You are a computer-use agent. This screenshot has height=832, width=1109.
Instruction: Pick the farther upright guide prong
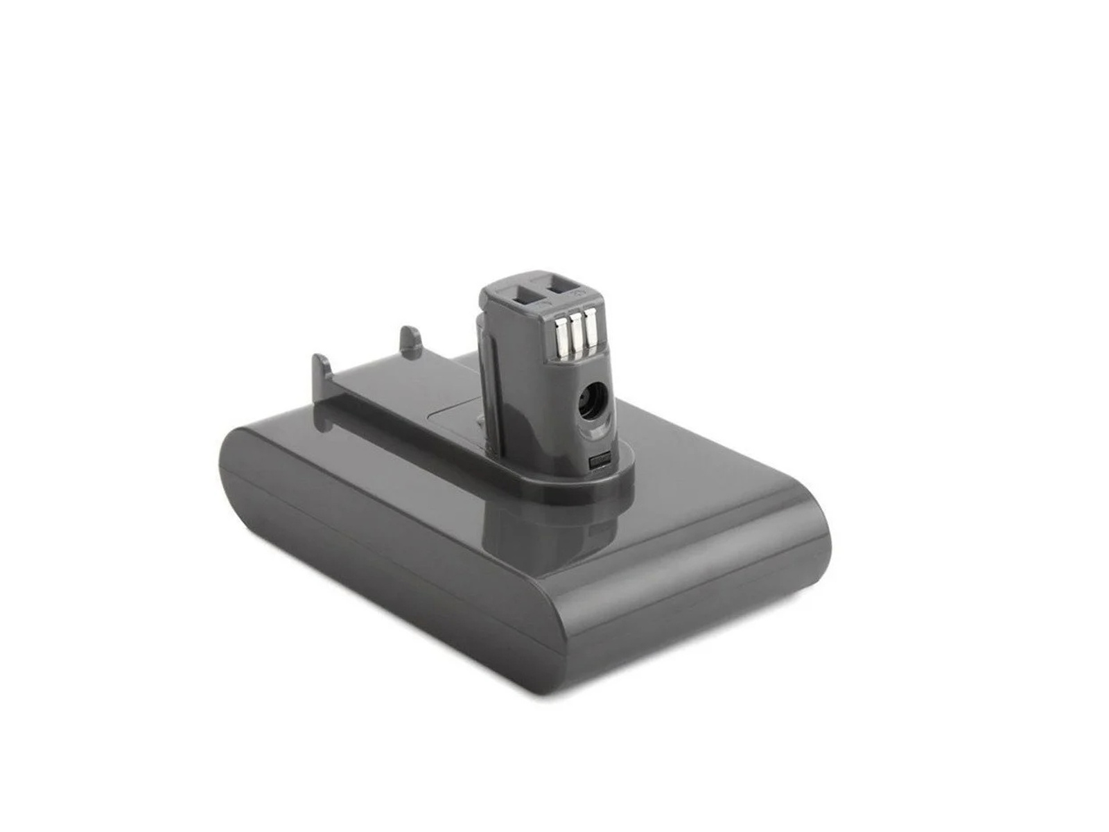tap(408, 340)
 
